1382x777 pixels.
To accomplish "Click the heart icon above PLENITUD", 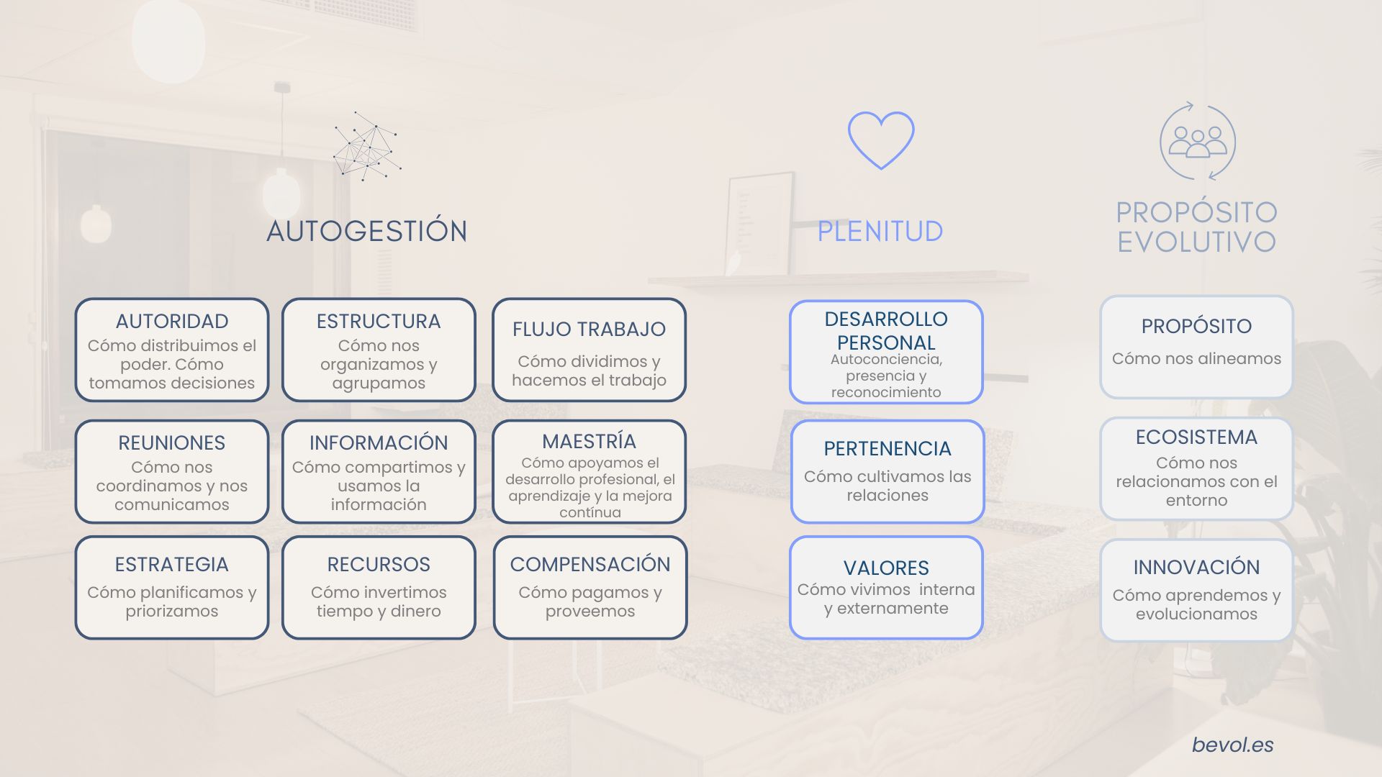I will (880, 140).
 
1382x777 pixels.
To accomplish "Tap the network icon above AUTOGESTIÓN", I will (366, 146).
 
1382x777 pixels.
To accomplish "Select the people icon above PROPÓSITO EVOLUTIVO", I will (1197, 141).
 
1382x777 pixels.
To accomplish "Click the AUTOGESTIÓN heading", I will (367, 231).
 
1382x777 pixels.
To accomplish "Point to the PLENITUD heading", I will (880, 231).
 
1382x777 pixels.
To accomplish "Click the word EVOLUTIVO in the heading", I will (1196, 242).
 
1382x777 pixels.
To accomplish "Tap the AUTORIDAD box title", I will (172, 321).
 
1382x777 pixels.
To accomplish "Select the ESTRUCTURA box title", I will (379, 321).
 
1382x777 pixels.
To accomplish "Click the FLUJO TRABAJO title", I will (589, 329).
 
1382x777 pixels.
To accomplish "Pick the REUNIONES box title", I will (172, 442).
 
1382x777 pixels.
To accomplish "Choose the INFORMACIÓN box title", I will (379, 442).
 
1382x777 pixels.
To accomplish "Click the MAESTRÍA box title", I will (589, 441).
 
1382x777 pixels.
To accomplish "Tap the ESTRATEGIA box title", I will (172, 564).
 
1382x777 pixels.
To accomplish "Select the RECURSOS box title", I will (379, 564).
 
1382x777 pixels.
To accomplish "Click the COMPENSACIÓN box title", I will (590, 564).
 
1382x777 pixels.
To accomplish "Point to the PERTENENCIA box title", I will (888, 448).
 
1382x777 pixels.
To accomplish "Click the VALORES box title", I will (886, 568).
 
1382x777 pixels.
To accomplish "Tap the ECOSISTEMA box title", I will (1196, 437).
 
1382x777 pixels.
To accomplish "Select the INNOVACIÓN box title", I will (1196, 567).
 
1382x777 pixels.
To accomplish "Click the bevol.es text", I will (1232, 745).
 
